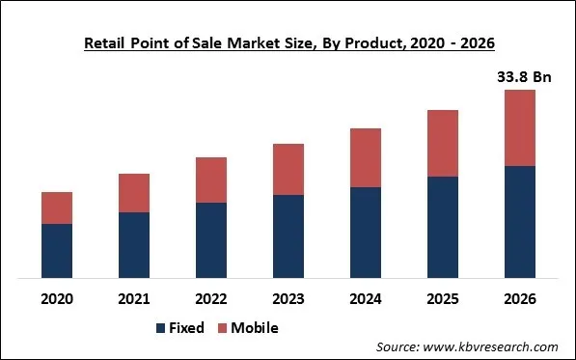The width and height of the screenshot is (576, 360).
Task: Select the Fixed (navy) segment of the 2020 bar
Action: pyautogui.click(x=57, y=251)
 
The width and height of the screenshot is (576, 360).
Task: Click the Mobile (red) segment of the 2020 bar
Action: pyautogui.click(x=57, y=208)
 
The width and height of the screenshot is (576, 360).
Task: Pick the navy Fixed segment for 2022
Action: pyautogui.click(x=211, y=240)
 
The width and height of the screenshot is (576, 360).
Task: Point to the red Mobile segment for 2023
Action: pyautogui.click(x=288, y=169)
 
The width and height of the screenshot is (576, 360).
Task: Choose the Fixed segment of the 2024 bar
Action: pyautogui.click(x=366, y=233)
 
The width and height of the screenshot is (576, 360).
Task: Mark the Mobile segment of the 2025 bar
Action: pyautogui.click(x=443, y=143)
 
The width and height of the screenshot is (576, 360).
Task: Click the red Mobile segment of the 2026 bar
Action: pyautogui.click(x=520, y=127)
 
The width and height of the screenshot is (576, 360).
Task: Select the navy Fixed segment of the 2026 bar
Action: pyautogui.click(x=520, y=222)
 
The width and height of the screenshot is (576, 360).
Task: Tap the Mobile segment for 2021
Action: pyautogui.click(x=134, y=193)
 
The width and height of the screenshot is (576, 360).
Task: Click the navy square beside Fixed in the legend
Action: pyautogui.click(x=160, y=328)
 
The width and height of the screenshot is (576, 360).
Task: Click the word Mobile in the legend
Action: pyautogui.click(x=255, y=328)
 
